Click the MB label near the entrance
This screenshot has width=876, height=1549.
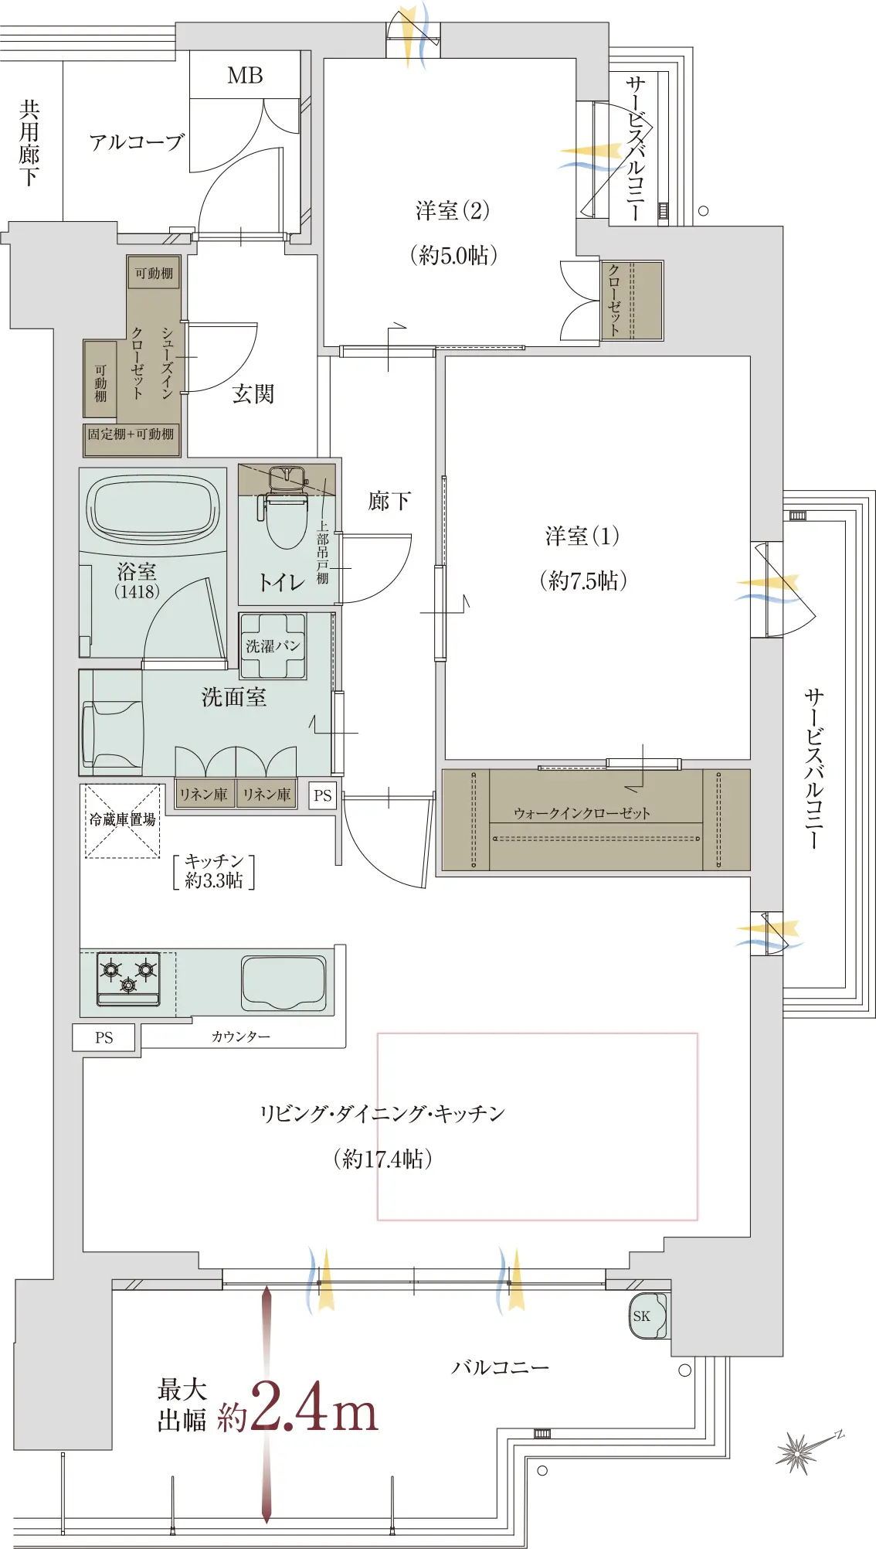point(245,76)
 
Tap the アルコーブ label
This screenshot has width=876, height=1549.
point(137,141)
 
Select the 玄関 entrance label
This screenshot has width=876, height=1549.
point(253,393)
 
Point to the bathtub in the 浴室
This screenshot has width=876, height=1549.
point(153,509)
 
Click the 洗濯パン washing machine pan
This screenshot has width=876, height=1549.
point(273,646)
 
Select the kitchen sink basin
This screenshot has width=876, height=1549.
point(284,983)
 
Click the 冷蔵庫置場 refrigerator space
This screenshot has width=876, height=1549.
point(122,821)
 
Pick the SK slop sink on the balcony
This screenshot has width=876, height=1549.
point(648,1316)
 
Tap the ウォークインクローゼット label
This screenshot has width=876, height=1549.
point(582,813)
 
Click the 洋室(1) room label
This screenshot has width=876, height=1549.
point(582,536)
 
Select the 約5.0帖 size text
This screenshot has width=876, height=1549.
point(453,255)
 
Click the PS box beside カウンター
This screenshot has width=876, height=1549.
point(104,1038)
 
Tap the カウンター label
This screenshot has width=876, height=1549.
point(241,1037)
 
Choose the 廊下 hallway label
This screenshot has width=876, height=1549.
point(389,501)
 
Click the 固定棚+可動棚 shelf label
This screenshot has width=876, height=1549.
point(131,434)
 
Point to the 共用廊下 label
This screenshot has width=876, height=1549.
point(29,142)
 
